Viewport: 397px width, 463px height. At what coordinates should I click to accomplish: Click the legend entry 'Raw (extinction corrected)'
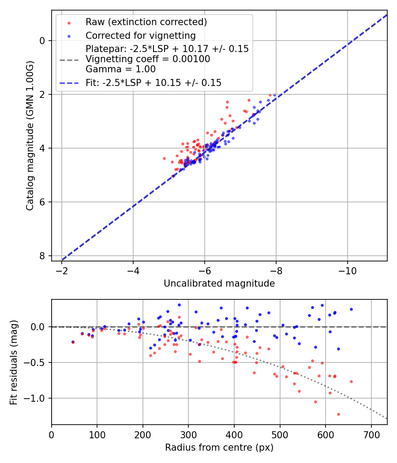[146, 22]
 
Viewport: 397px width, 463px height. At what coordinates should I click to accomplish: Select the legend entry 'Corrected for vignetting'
[140, 36]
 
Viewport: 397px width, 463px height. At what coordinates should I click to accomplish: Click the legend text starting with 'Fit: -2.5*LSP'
[154, 82]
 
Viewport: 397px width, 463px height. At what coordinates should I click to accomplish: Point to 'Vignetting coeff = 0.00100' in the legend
[148, 59]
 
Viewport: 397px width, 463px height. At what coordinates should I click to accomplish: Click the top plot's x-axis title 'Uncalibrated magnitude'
[219, 284]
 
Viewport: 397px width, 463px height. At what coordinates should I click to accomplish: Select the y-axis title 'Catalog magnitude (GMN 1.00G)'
[30, 136]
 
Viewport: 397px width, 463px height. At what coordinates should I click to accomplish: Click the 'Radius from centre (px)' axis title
[219, 448]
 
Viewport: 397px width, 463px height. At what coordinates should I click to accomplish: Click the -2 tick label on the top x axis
[61, 270]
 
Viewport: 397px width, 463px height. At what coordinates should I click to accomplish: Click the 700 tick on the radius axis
[371, 434]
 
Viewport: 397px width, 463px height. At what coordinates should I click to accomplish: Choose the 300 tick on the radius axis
[188, 434]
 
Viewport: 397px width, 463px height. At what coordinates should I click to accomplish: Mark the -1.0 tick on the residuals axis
[37, 398]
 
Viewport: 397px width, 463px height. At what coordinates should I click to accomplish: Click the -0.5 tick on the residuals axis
[37, 362]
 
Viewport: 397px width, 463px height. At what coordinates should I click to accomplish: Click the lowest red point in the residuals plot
[338, 414]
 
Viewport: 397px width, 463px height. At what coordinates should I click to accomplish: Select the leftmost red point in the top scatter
[164, 158]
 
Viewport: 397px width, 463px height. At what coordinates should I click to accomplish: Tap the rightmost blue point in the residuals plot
[351, 309]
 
